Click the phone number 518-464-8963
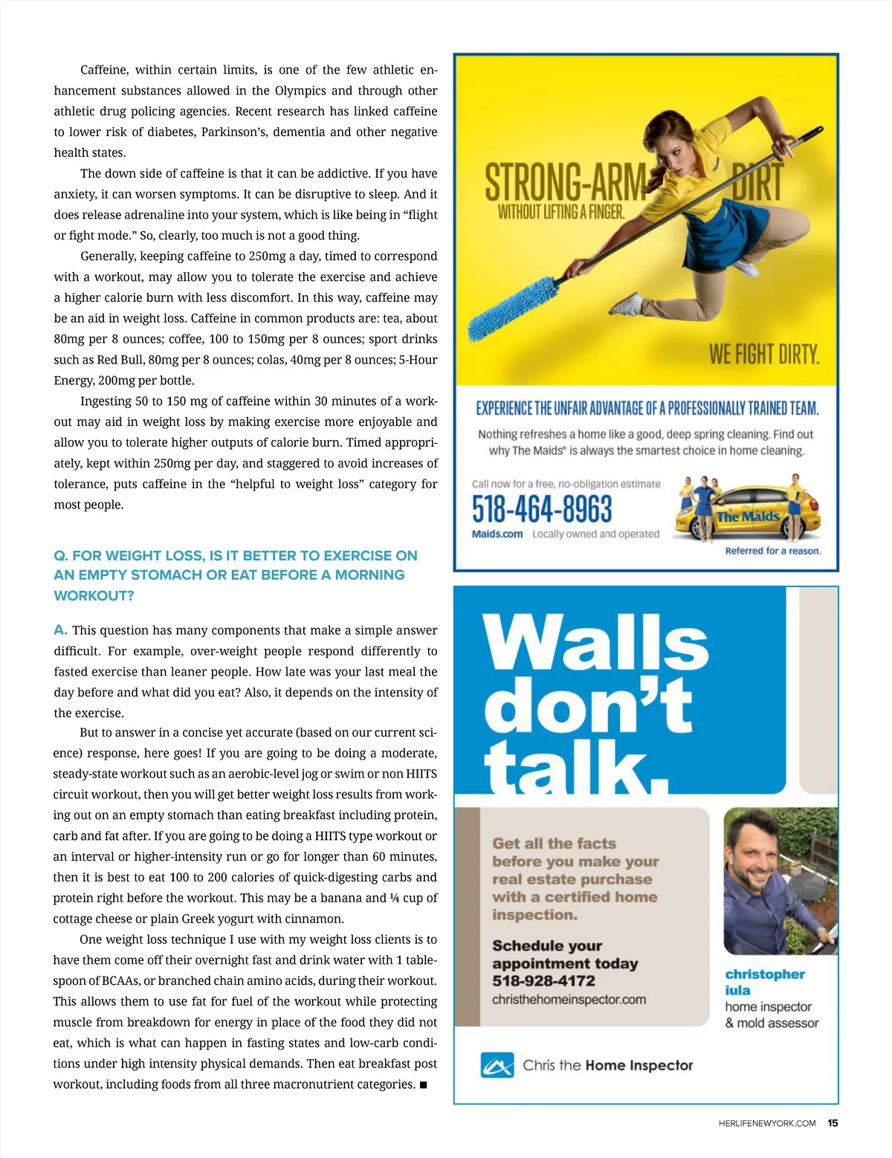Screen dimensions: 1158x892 [542, 509]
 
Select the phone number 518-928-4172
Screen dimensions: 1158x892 [543, 981]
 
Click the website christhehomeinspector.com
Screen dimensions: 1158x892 [569, 1000]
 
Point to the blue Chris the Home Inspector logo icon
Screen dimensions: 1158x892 [497, 1065]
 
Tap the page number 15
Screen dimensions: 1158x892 [833, 1123]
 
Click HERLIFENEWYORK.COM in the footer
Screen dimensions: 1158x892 [767, 1123]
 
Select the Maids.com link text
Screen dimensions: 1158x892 [497, 534]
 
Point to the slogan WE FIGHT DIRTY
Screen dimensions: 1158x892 [764, 355]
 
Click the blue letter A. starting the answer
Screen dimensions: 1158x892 [60, 630]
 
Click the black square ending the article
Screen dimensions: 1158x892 [423, 1085]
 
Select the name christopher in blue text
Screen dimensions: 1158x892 [765, 974]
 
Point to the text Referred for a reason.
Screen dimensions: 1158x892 [773, 551]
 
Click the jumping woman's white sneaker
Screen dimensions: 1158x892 [630, 303]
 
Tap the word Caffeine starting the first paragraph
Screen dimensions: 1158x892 [103, 70]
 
